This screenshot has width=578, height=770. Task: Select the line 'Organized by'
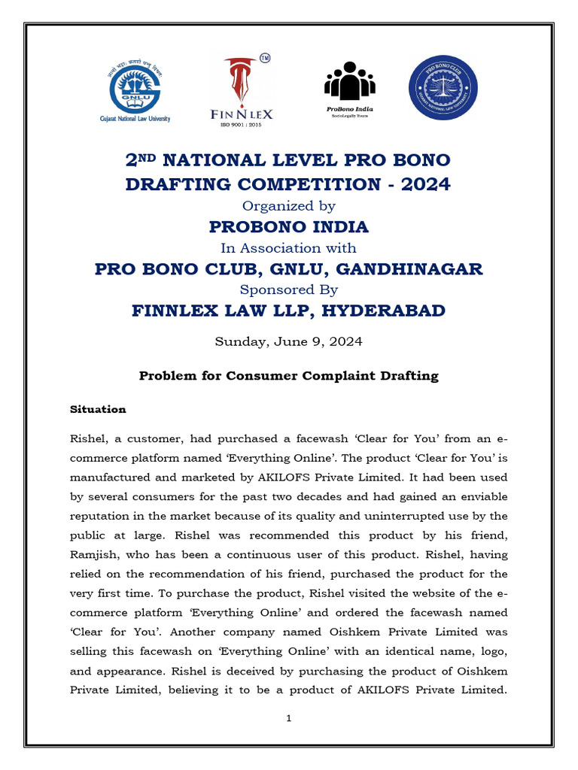289,205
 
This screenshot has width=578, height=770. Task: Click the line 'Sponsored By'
289,290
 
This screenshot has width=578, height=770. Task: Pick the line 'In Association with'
289,247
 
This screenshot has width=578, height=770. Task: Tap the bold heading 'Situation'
98,410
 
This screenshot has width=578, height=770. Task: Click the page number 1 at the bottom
289,718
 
